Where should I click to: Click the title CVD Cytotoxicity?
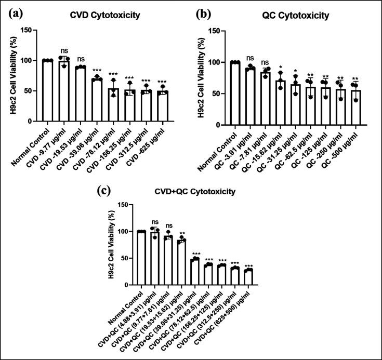point(105,15)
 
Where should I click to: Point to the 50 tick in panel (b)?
point(220,94)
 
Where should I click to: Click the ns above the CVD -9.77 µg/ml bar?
point(64,51)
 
